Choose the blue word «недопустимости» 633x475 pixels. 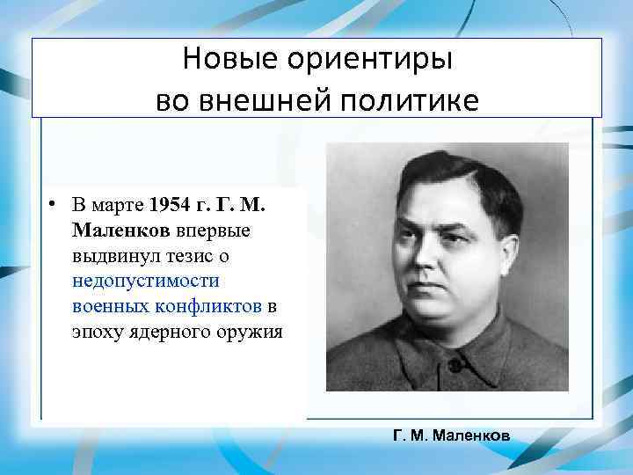click(x=147, y=281)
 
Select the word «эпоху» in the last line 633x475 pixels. click(x=98, y=332)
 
